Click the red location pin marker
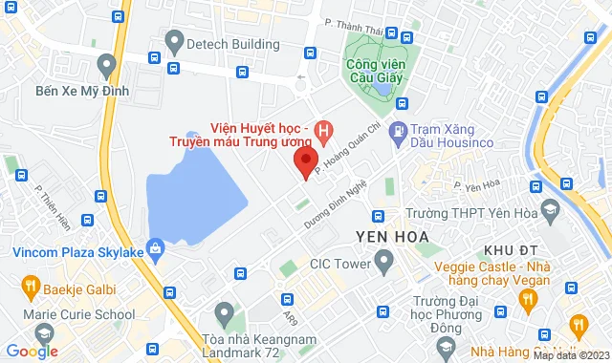tap(305, 163)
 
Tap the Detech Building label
tap(233, 44)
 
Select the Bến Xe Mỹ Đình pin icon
tap(107, 66)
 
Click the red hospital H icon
tap(326, 128)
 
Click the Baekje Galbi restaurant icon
tap(30, 286)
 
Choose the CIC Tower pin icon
tap(384, 259)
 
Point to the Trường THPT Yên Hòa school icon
tap(551, 210)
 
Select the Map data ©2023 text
tap(570, 355)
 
